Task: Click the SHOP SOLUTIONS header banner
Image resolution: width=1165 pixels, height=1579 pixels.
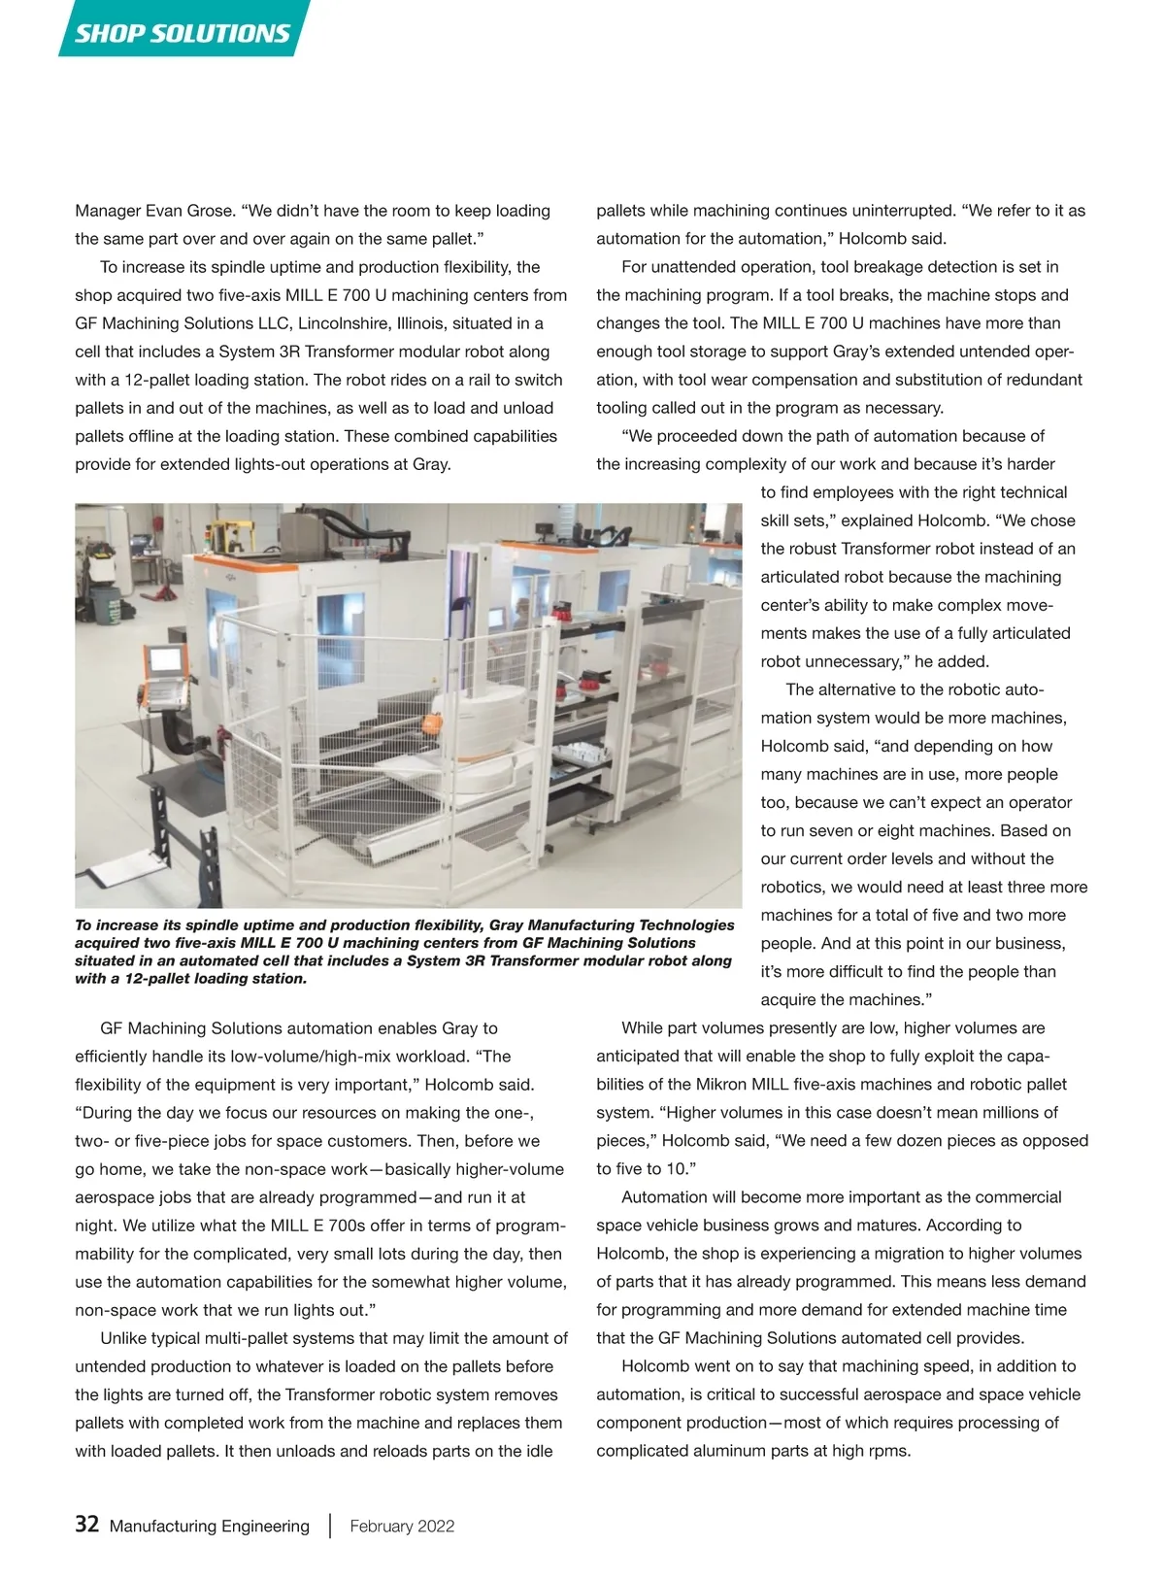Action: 183,33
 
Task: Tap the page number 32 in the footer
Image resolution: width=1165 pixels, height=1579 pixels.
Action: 86,1525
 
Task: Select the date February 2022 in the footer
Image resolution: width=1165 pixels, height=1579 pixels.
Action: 402,1526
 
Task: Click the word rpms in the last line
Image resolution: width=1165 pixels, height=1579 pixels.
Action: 887,1451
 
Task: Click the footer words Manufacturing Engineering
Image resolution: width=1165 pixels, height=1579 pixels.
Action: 210,1526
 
